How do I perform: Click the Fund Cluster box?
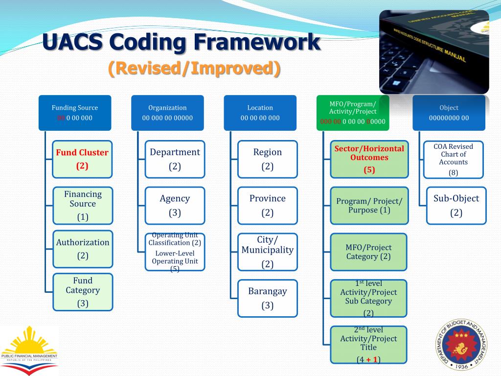82,159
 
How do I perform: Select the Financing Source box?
82,206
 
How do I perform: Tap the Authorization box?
82,249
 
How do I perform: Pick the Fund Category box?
82,292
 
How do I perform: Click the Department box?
175,159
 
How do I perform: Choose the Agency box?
175,206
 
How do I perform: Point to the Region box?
267,159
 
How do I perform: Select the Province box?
267,206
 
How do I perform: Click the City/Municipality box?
267,252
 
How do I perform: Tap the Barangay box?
267,298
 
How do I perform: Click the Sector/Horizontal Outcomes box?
369,159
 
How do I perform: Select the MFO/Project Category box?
368,252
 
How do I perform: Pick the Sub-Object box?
456,206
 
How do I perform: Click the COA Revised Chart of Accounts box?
453,159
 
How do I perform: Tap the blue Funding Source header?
75,113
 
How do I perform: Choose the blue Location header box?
260,113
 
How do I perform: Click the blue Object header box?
449,113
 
